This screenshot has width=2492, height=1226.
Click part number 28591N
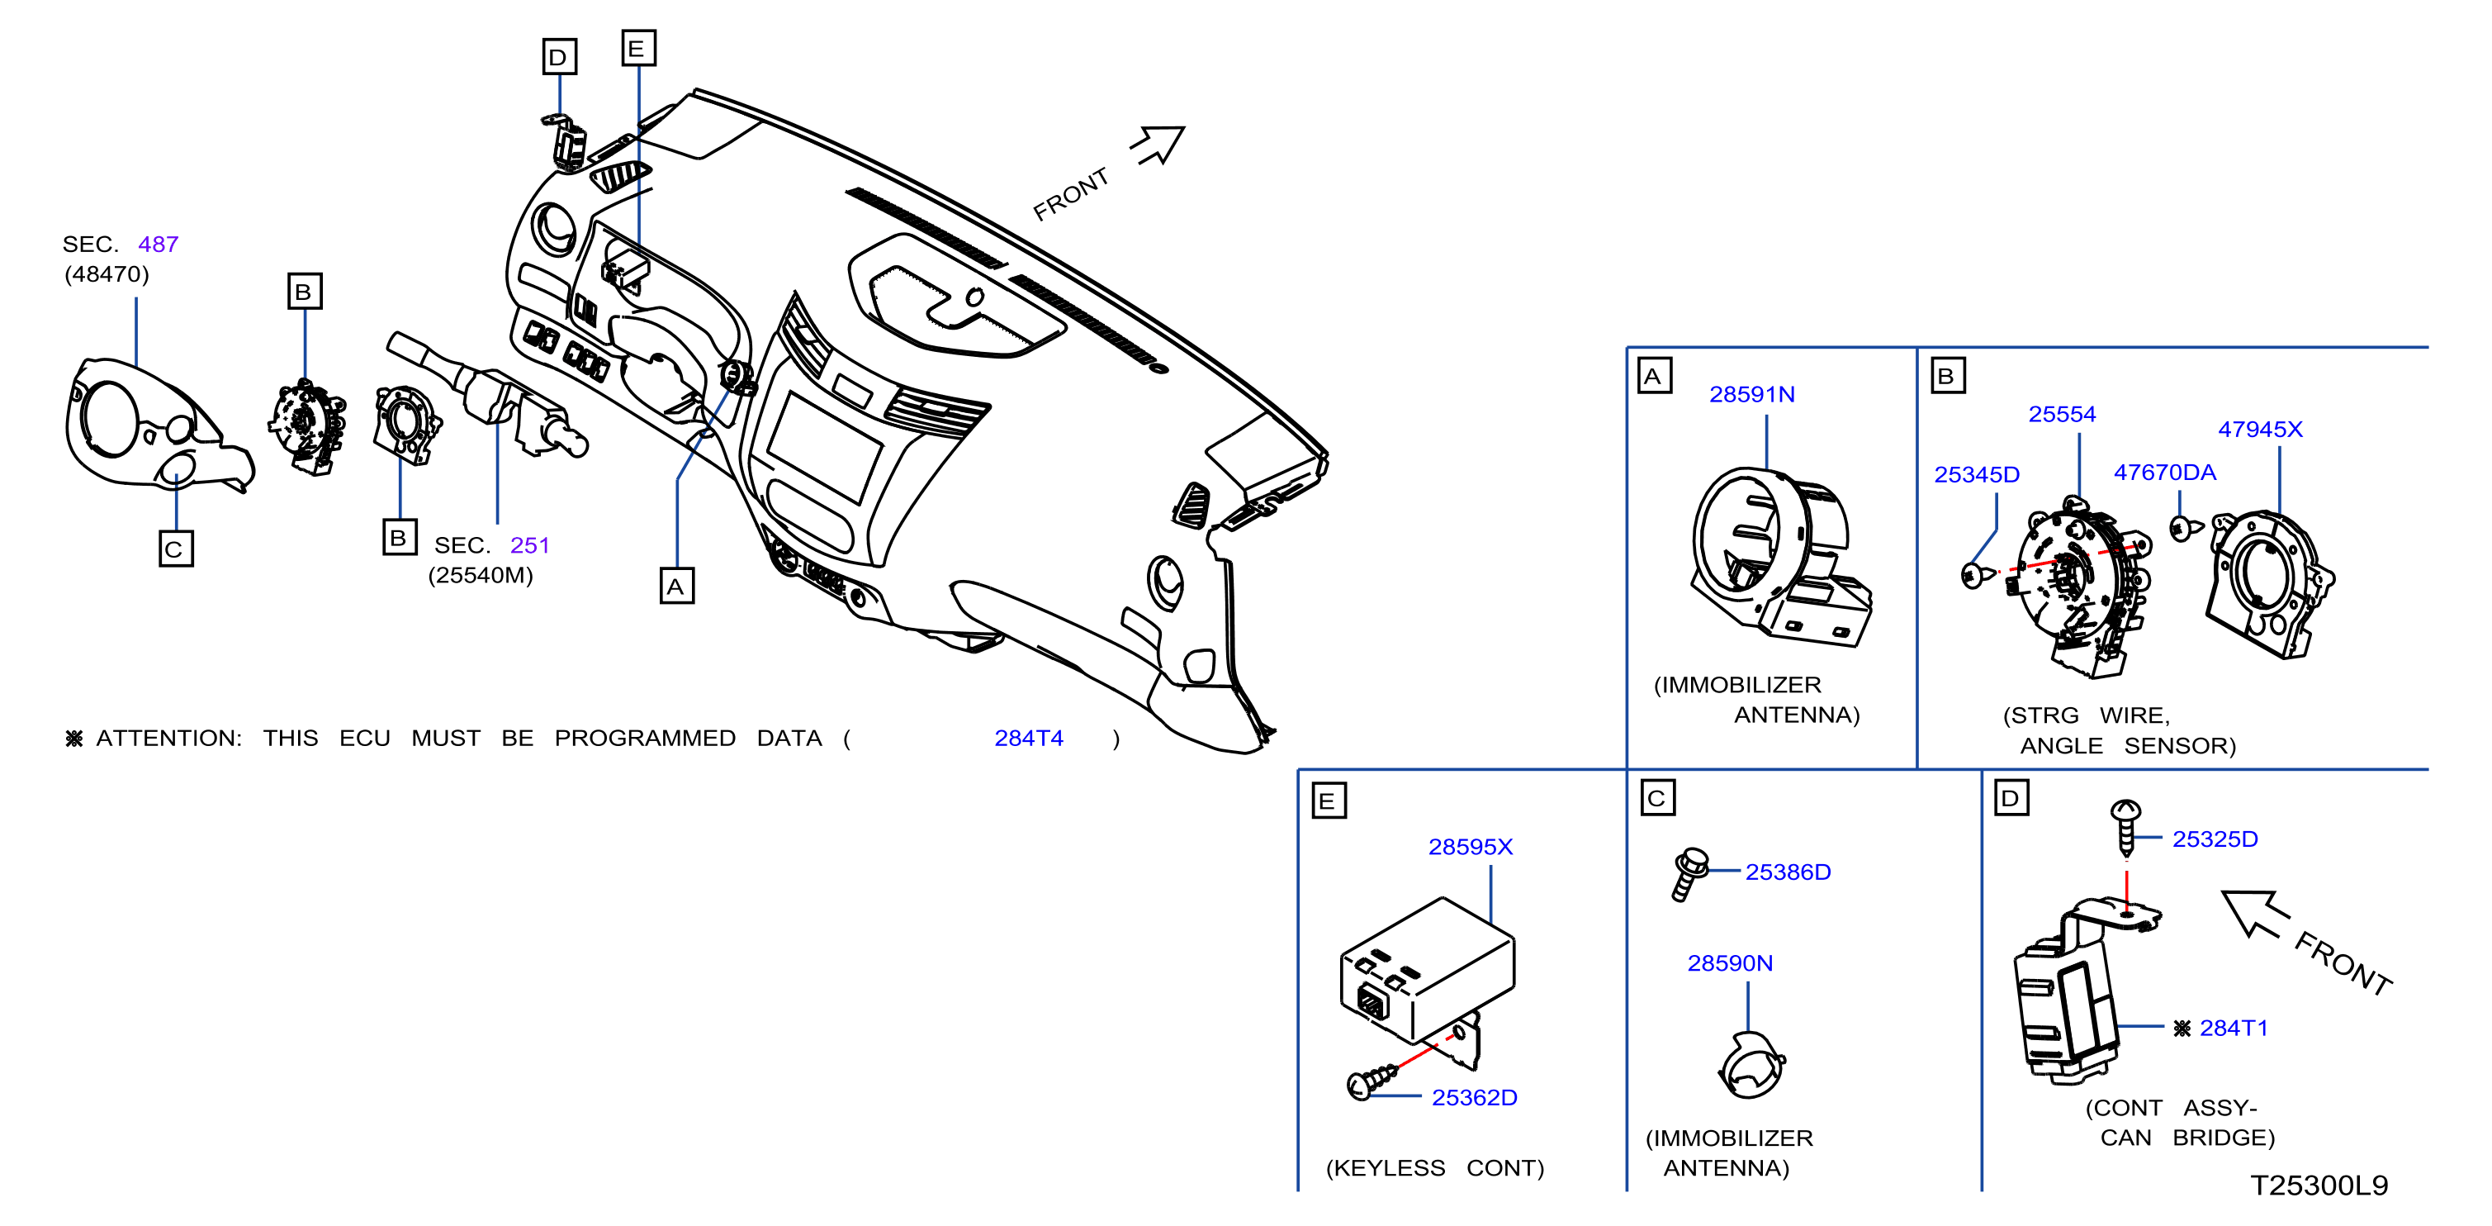pos(1751,395)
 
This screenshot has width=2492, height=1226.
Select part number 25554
pos(2062,414)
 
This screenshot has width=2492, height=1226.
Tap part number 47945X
pos(2260,429)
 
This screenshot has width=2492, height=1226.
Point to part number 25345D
pos(1977,474)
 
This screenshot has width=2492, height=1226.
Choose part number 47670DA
pos(2164,473)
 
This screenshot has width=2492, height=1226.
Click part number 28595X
pos(1471,847)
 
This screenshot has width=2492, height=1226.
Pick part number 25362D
pos(1474,1097)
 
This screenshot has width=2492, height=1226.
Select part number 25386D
pos(1788,872)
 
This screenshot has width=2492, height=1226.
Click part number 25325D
pos(2215,839)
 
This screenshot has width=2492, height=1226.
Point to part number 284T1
pos(2234,1028)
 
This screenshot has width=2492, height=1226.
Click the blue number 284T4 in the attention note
pos(1028,739)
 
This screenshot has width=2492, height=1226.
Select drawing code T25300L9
pos(2319,1186)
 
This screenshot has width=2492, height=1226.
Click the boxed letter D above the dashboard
pos(559,57)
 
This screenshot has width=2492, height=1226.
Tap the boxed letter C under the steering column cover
pos(175,549)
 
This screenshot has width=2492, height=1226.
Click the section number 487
pos(158,244)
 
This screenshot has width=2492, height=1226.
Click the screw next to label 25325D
pos(2125,827)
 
